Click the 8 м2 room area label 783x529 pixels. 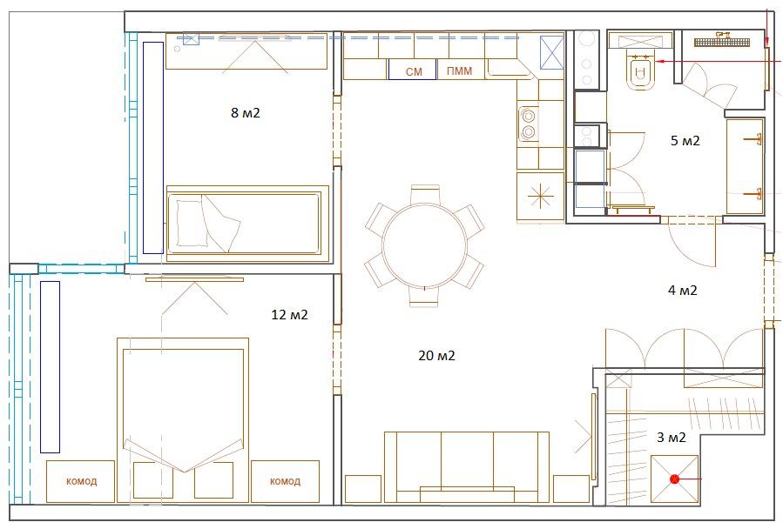(246, 113)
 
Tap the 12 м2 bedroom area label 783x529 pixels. (290, 315)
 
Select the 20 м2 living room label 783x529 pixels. (437, 356)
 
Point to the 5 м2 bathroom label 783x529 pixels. (685, 141)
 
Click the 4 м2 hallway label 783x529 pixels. (683, 290)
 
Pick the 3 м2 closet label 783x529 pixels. (672, 438)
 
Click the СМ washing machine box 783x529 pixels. (413, 70)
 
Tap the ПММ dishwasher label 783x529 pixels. (459, 70)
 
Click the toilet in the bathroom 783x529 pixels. (639, 72)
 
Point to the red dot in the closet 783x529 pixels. (675, 479)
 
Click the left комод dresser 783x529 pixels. (81, 482)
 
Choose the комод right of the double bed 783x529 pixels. (285, 482)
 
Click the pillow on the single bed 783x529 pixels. (192, 223)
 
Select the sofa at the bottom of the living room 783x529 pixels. (467, 467)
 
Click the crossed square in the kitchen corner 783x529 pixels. (552, 52)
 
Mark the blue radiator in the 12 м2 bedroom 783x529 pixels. (50, 367)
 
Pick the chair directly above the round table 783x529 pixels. (425, 195)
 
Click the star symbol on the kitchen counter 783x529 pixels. (541, 196)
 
